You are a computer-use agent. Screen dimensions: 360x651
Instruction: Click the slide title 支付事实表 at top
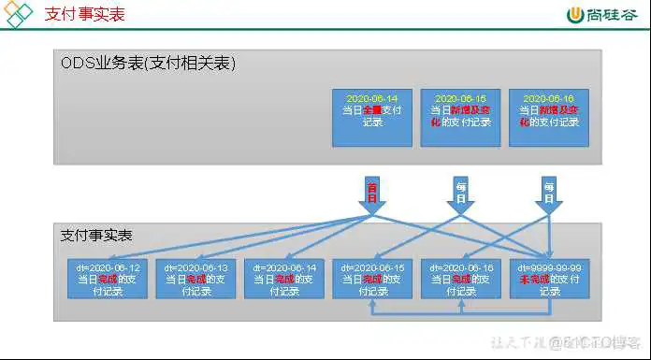pyautogui.click(x=84, y=15)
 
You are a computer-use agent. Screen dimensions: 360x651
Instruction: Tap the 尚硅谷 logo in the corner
pyautogui.click(x=604, y=15)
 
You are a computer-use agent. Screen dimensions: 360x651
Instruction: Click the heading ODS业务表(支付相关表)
pyautogui.click(x=149, y=64)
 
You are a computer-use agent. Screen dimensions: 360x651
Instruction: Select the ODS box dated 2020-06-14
pyautogui.click(x=371, y=117)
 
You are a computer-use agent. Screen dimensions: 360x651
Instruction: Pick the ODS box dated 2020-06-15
pyautogui.click(x=459, y=117)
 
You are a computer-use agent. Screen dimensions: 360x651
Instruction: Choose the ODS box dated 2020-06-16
pyautogui.click(x=548, y=117)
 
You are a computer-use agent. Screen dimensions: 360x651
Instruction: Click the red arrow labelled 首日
pyautogui.click(x=371, y=192)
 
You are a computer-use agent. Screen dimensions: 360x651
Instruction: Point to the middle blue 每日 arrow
pyautogui.click(x=460, y=192)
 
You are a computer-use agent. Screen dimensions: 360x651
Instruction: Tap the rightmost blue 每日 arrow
pyautogui.click(x=549, y=192)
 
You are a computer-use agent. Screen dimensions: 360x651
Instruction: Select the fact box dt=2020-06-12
pyautogui.click(x=107, y=279)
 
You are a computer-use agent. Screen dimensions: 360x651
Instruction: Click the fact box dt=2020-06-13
pyautogui.click(x=195, y=279)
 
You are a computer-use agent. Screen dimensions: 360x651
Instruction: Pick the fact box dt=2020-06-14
pyautogui.click(x=283, y=279)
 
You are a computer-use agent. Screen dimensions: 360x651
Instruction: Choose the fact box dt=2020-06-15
pyautogui.click(x=371, y=279)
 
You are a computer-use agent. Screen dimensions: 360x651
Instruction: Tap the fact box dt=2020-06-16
pyautogui.click(x=460, y=279)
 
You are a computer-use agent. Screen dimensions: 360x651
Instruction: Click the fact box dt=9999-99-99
pyautogui.click(x=549, y=279)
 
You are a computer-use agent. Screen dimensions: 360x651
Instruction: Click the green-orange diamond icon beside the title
pyautogui.click(x=19, y=15)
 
